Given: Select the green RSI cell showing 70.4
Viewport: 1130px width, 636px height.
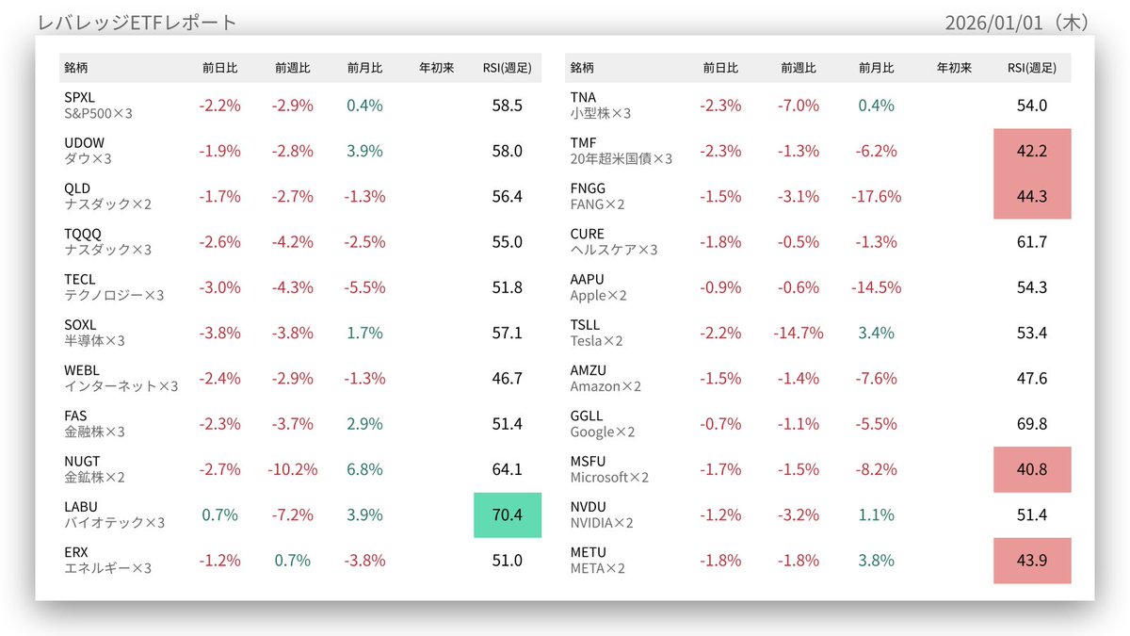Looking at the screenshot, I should (507, 514).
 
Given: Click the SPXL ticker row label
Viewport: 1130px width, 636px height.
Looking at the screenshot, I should (80, 97).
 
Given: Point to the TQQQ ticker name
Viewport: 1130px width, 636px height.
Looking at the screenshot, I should (82, 234).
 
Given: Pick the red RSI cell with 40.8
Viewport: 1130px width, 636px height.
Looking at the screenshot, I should (1031, 469).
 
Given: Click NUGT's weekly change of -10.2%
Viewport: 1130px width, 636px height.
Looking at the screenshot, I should (293, 469).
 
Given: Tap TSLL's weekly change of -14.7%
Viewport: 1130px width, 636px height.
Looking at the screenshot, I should (799, 333).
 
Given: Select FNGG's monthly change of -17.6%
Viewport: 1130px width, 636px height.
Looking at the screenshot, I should (877, 196).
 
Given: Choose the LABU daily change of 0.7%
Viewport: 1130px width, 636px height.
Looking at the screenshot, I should (219, 514).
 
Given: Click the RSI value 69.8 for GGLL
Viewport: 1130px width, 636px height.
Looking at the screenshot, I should (1031, 424).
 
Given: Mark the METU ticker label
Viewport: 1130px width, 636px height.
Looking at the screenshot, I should (589, 552).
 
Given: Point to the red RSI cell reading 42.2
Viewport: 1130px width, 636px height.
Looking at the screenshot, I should (1031, 151).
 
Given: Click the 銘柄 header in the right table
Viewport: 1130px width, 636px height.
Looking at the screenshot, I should (582, 68).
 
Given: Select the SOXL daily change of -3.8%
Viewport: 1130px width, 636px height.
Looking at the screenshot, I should (219, 333).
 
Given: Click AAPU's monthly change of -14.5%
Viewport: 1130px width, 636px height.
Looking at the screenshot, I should (877, 287).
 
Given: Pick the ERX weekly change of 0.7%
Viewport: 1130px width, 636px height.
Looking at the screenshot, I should (293, 561).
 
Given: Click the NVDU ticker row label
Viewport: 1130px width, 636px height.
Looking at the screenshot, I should (589, 507).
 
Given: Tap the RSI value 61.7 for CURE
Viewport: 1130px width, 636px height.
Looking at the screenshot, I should (1031, 242).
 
